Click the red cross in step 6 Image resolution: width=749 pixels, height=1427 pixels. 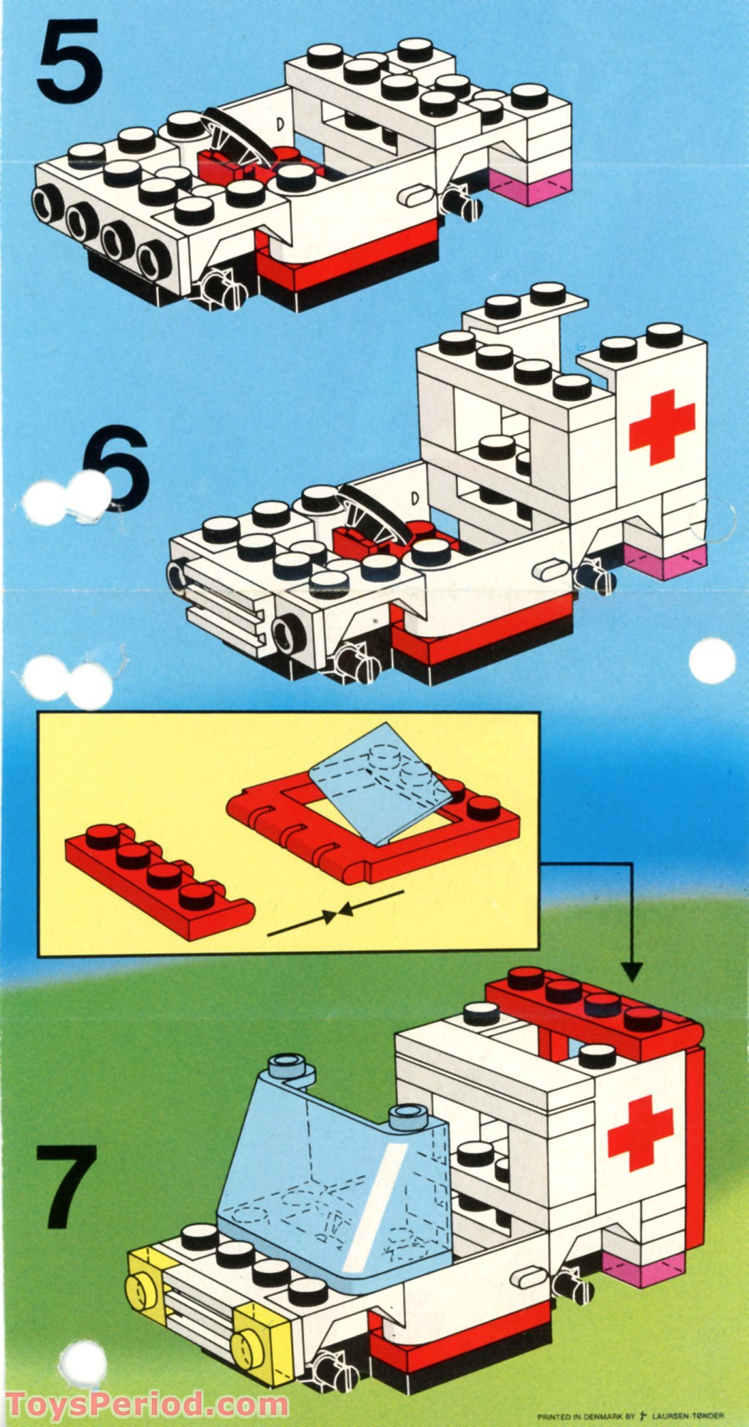point(661,427)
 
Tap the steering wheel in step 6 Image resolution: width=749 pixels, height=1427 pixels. point(374,512)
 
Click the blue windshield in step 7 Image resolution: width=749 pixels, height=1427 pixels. point(335,1149)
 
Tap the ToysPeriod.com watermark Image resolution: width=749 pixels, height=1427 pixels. point(146,1405)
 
